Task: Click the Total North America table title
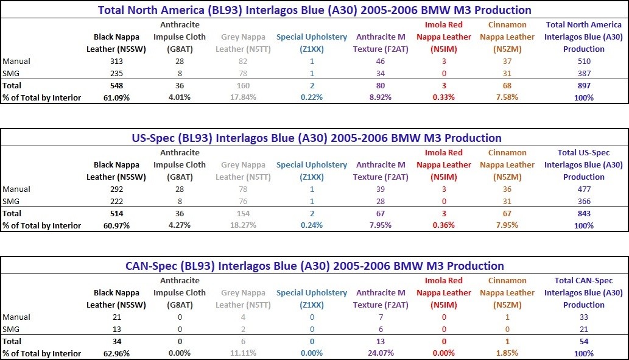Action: coord(315,10)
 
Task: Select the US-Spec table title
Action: coord(317,138)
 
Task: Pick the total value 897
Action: coord(583,86)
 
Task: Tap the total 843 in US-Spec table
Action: coord(583,214)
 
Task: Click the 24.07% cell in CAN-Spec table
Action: coord(381,353)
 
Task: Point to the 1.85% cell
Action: coord(507,353)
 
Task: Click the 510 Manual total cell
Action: coord(583,62)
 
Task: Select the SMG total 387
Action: coord(583,74)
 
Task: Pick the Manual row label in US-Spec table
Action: coord(16,189)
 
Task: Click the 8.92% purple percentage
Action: coord(381,97)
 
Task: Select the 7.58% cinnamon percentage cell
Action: coord(507,97)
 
